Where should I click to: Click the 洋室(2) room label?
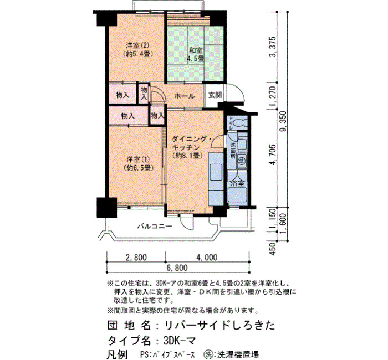pos(137,50)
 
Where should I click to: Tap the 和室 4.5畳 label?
pos(196,55)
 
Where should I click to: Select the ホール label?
pos(185,96)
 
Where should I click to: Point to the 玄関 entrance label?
pos(215,95)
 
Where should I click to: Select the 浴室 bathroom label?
pos(238,183)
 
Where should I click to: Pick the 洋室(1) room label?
pos(138,163)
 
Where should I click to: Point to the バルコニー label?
pos(155,226)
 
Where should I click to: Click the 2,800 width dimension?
pos(136,257)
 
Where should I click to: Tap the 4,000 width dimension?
pos(207,257)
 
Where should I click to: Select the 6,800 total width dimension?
pos(177,268)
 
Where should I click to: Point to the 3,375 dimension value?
pos(273,47)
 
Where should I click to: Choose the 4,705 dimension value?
pos(273,155)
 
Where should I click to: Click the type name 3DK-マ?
pos(180,341)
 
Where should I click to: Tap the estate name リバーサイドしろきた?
pos(219,325)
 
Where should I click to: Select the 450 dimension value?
pos(272,249)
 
